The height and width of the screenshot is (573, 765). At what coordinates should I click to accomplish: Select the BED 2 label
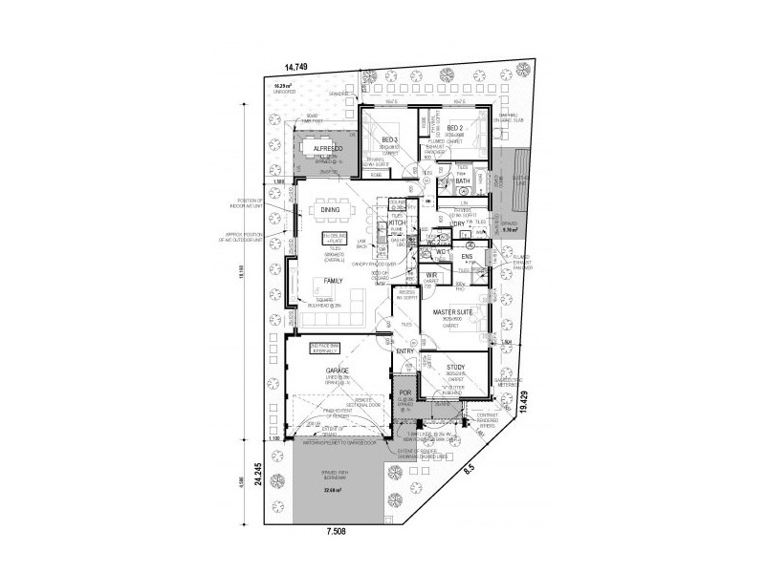[455, 127]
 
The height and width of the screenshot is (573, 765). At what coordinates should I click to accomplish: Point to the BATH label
[462, 180]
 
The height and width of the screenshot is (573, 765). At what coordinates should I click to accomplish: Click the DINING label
[331, 209]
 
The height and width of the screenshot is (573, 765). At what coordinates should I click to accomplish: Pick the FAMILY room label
[333, 281]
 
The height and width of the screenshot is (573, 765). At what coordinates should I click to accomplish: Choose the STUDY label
[455, 366]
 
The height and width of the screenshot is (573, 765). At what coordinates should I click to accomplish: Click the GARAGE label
[337, 370]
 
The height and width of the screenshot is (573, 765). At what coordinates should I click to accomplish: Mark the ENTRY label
[405, 351]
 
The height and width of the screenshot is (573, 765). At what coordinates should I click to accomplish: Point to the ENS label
[467, 256]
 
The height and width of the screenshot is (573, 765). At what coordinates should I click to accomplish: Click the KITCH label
[398, 223]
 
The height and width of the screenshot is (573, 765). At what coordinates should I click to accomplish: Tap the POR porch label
[404, 392]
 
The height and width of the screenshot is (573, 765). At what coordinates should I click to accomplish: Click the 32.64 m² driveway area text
[333, 492]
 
